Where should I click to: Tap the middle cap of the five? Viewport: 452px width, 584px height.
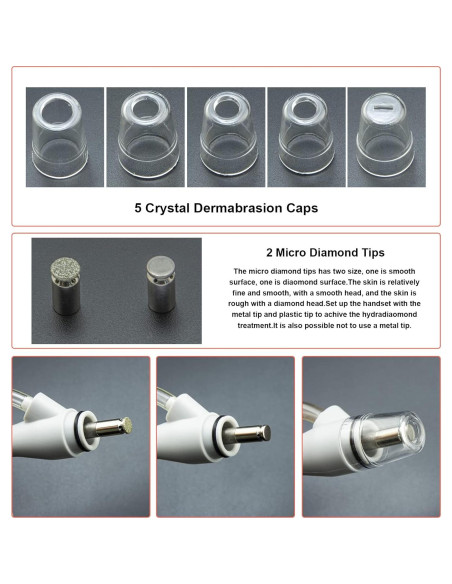coord(225,132)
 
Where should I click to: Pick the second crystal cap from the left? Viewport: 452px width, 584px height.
coord(143,132)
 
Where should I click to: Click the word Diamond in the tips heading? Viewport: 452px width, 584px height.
coord(320,253)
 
